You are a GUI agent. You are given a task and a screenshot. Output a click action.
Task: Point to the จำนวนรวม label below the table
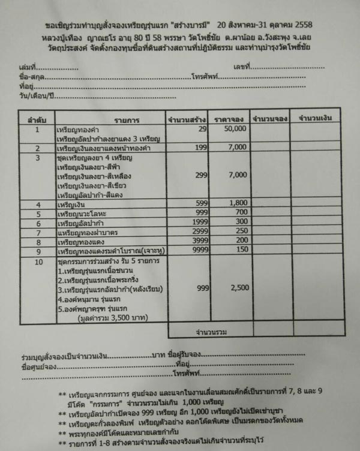pyautogui.click(x=209, y=330)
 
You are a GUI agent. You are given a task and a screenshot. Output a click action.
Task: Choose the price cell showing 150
pyautogui.click(x=242, y=249)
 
